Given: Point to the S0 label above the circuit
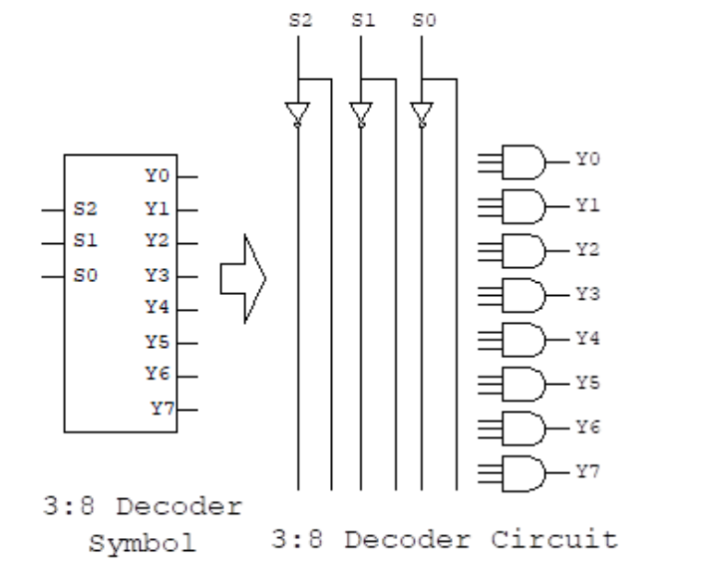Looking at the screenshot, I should tap(428, 20).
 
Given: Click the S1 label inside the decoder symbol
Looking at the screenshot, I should tap(86, 242).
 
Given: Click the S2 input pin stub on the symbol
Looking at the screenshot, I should tap(51, 210).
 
